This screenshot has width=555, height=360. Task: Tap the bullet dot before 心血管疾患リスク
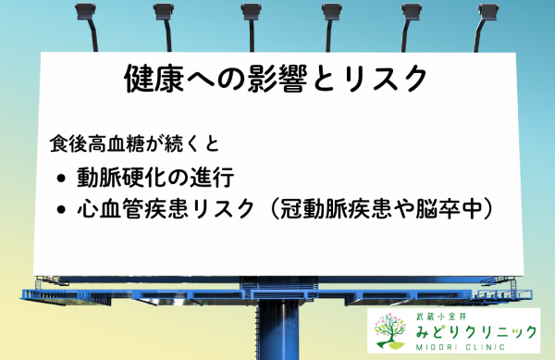click(62, 209)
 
